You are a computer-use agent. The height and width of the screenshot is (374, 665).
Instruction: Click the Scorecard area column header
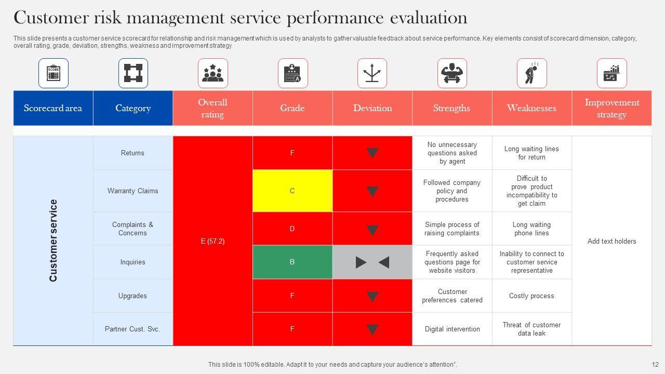pyautogui.click(x=53, y=108)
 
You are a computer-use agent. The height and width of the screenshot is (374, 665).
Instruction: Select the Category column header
pyautogui.click(x=133, y=108)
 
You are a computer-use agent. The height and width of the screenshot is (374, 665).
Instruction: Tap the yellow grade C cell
pyautogui.click(x=292, y=191)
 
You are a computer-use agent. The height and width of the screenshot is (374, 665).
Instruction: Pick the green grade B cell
pyautogui.click(x=292, y=262)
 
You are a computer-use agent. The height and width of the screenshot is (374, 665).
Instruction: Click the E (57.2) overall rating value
pyautogui.click(x=212, y=241)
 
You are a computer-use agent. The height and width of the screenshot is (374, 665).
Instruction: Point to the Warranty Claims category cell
pyautogui.click(x=133, y=191)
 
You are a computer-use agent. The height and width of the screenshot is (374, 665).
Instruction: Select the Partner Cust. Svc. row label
pyautogui.click(x=133, y=329)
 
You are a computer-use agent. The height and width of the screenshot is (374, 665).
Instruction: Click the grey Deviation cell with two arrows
pyautogui.click(x=372, y=262)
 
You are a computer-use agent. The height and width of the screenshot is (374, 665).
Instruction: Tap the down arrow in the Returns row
pyautogui.click(x=372, y=153)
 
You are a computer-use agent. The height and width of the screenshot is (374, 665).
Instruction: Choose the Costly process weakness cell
pyautogui.click(x=531, y=296)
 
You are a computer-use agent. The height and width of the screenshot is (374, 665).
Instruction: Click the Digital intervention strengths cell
pyautogui.click(x=452, y=329)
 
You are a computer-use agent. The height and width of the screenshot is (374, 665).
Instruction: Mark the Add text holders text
pyautogui.click(x=611, y=241)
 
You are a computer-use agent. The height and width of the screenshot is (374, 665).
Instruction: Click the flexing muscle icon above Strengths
pyautogui.click(x=452, y=73)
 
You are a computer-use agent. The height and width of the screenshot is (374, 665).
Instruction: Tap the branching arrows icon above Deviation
pyautogui.click(x=372, y=73)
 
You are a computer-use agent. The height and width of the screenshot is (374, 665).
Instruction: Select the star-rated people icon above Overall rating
pyautogui.click(x=212, y=73)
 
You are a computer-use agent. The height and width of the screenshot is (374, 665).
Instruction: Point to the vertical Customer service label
pyautogui.click(x=53, y=241)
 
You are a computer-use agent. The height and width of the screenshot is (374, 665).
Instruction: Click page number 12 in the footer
pyautogui.click(x=655, y=365)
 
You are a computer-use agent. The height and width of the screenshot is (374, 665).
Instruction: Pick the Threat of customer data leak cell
pyautogui.click(x=531, y=329)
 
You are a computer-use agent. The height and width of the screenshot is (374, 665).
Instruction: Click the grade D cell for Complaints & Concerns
pyautogui.click(x=292, y=229)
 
